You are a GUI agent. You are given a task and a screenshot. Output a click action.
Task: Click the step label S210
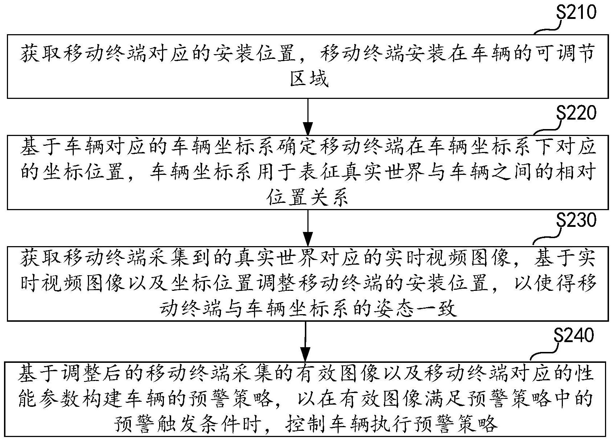tap(577, 13)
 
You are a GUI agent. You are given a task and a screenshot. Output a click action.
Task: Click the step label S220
tap(577, 113)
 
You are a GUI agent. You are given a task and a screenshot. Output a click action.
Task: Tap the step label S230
tap(577, 221)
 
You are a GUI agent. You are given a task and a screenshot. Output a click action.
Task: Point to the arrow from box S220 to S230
tap(308, 228)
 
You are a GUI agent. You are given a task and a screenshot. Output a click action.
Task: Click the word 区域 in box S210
tap(309, 79)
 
